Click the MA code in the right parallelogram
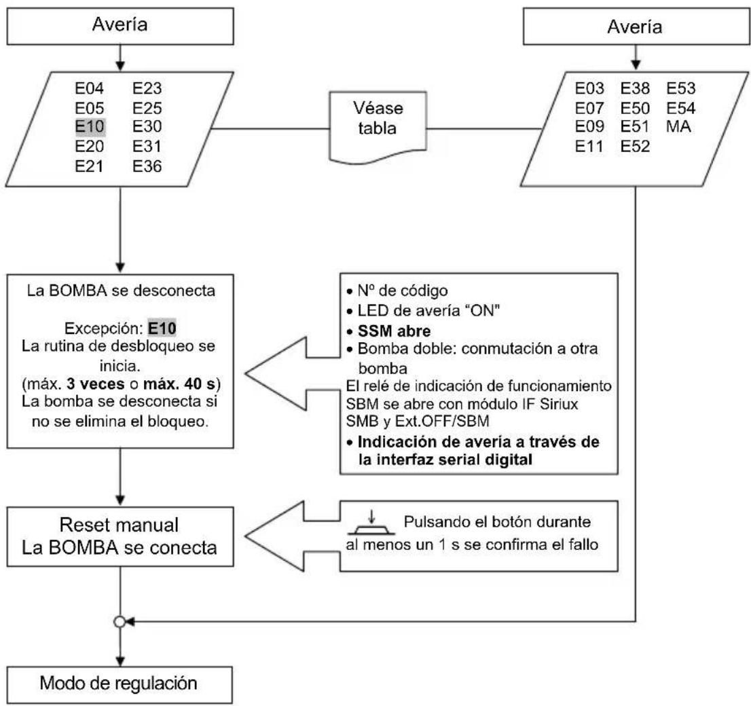[678, 127]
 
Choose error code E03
[589, 87]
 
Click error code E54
[681, 107]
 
